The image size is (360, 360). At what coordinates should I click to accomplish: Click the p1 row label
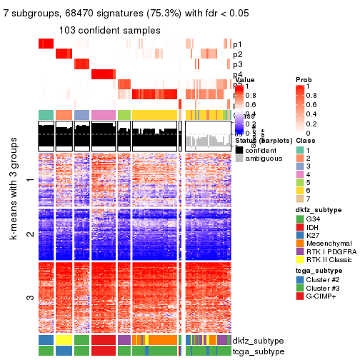pos(237,44)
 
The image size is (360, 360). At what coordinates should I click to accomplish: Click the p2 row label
pos(237,54)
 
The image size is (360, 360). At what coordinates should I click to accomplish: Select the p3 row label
pos(237,64)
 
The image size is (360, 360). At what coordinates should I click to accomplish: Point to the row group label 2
pos(29,234)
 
